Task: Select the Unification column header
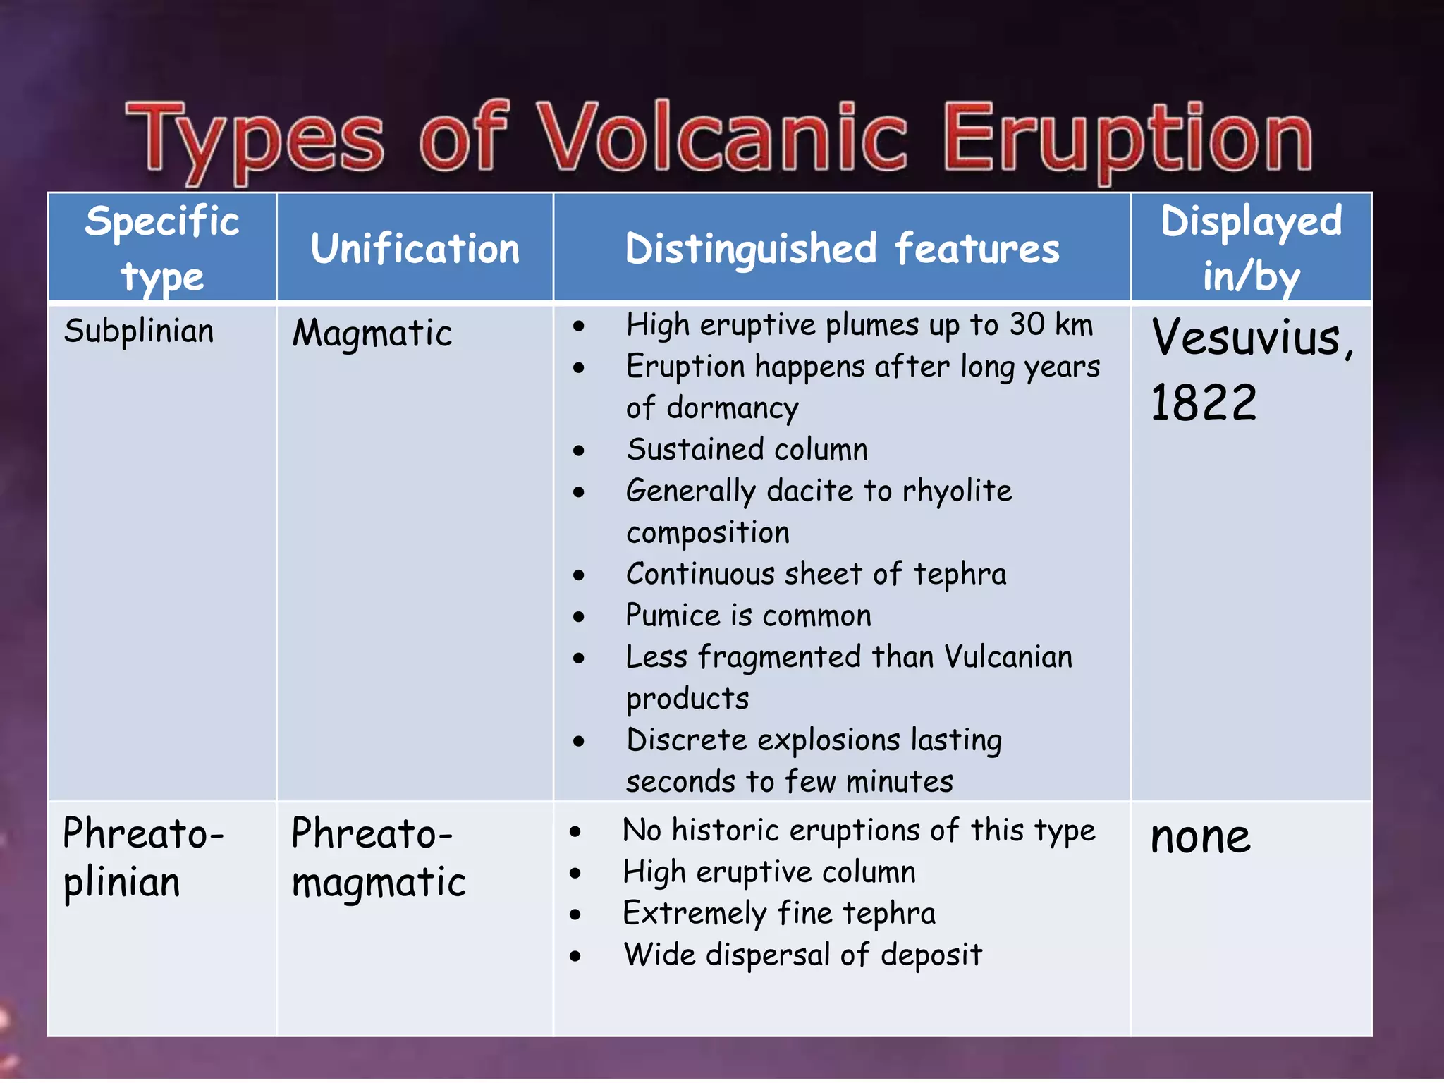pos(415,249)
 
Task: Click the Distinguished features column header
pos(842,249)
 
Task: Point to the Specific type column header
pos(162,248)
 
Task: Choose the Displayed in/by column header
pos(1251,248)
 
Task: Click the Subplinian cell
pos(139,331)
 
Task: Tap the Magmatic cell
pos(372,333)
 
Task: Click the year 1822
pos(1203,403)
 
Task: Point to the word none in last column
pos(1200,838)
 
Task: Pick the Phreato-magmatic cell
pos(378,857)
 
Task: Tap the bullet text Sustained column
pos(747,450)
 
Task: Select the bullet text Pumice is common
pos(749,616)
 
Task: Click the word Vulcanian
pos(1008,657)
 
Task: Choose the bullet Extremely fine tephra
pos(779,914)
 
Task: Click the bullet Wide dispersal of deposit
pos(802,955)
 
